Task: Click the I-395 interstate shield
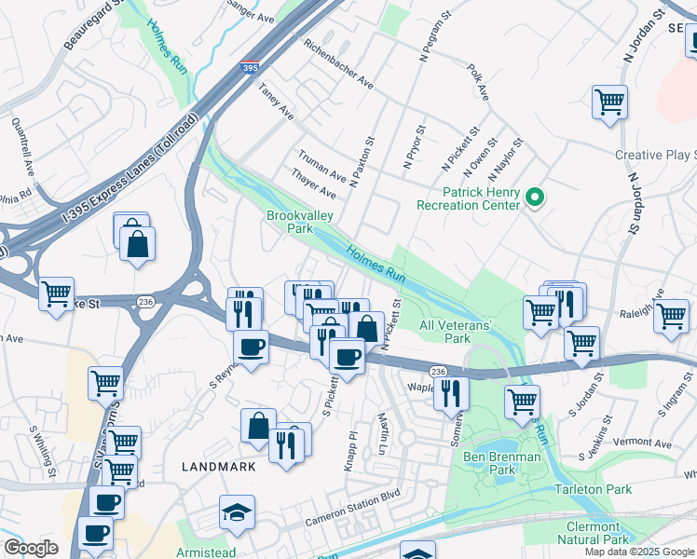pos(249,68)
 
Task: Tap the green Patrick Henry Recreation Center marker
pos(535,198)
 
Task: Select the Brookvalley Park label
pos(301,221)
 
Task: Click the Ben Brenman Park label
pos(502,463)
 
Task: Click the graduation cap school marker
pos(237,512)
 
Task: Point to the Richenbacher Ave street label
pos(338,65)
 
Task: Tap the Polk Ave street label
pos(479,82)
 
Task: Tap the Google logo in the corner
pos(31,548)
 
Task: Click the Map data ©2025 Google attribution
pos(638,552)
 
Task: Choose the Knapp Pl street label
pos(351,450)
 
